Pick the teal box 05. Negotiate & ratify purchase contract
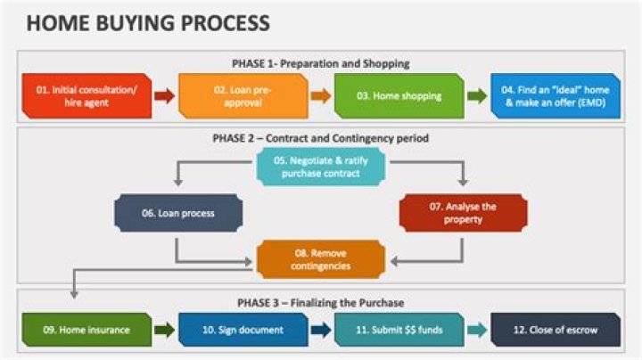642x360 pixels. pyautogui.click(x=321, y=167)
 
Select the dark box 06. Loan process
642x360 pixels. pyautogui.click(x=178, y=214)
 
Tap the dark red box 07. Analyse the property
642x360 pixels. pyautogui.click(x=463, y=213)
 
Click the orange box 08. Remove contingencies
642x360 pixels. pyautogui.click(x=321, y=259)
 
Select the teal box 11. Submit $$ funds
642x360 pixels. pyautogui.click(x=399, y=330)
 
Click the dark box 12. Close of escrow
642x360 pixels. pyautogui.click(x=555, y=330)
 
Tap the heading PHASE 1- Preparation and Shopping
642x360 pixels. pyautogui.click(x=321, y=63)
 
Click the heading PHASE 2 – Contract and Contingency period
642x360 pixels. pyautogui.click(x=321, y=138)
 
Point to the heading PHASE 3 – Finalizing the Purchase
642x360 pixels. pyautogui.click(x=321, y=302)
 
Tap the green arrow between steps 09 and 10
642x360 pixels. pyautogui.click(x=164, y=330)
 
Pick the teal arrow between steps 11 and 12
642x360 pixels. pyautogui.click(x=477, y=330)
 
